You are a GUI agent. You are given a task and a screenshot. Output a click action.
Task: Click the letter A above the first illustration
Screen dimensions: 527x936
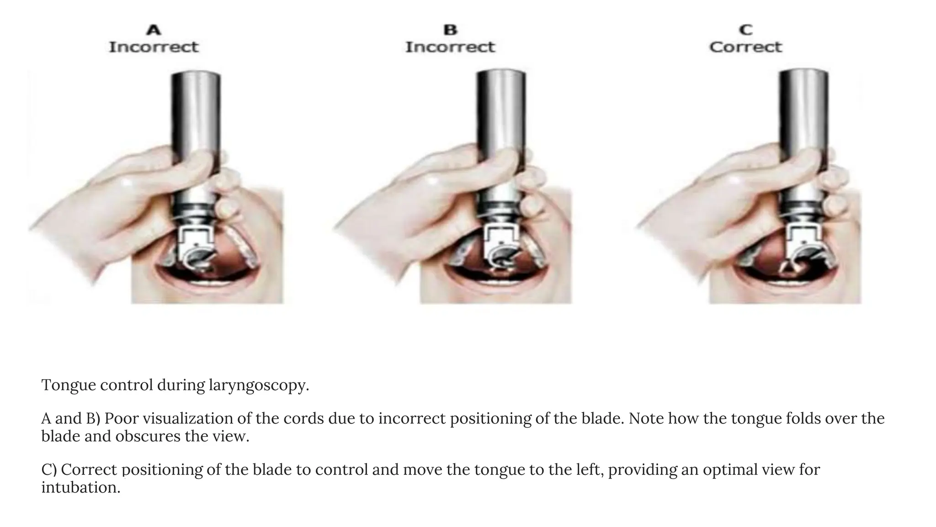click(x=154, y=30)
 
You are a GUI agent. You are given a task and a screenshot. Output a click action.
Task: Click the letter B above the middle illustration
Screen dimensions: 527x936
click(x=450, y=30)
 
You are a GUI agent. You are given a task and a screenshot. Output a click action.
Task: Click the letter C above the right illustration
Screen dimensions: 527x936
click(x=746, y=30)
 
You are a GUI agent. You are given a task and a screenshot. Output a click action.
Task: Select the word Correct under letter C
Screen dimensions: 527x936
click(x=746, y=47)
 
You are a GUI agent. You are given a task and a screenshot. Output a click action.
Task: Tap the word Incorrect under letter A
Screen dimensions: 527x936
click(x=154, y=47)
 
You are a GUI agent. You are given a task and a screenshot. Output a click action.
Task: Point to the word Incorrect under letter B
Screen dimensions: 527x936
click(x=450, y=47)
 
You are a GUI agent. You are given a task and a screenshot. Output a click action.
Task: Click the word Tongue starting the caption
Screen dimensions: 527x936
click(x=69, y=385)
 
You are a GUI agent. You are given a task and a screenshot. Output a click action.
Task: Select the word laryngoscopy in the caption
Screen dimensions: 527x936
click(x=259, y=385)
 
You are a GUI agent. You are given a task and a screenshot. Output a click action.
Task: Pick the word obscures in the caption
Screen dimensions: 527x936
click(x=148, y=436)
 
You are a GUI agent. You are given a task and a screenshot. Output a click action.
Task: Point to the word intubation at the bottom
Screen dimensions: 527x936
click(x=80, y=488)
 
